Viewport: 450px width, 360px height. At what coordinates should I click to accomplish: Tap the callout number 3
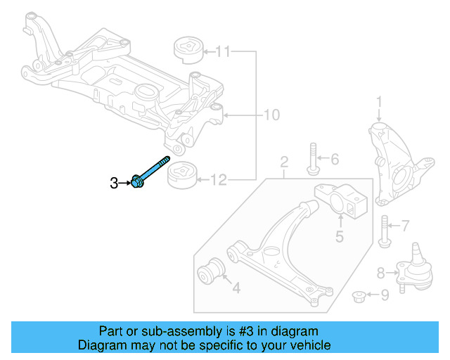coord(114,184)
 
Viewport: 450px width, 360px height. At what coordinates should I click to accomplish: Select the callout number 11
coord(223,51)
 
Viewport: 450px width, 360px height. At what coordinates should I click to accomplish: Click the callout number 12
coord(219,181)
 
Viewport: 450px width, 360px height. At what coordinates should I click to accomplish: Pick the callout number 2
coord(284,164)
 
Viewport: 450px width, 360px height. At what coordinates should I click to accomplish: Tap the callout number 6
coord(334,160)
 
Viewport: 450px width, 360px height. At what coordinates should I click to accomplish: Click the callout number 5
coord(339,237)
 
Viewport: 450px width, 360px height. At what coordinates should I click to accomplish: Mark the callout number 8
coord(380,273)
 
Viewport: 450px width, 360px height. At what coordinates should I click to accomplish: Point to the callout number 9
coord(384,296)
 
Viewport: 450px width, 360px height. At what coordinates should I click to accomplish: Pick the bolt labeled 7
coord(384,229)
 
